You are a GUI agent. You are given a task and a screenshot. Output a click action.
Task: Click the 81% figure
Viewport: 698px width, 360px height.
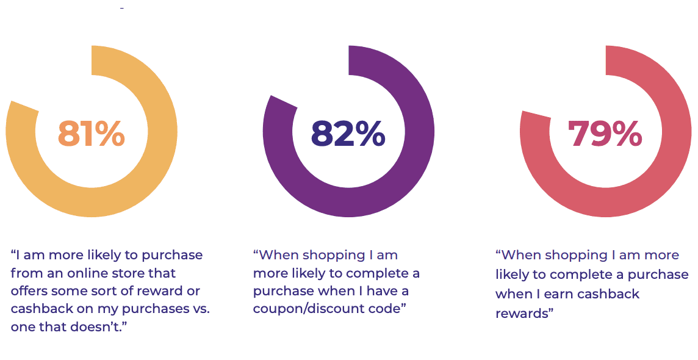92,134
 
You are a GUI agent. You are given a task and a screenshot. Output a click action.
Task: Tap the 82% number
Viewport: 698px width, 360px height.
348,134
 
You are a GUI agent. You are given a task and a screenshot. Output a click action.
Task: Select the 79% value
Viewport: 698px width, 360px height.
605,134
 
